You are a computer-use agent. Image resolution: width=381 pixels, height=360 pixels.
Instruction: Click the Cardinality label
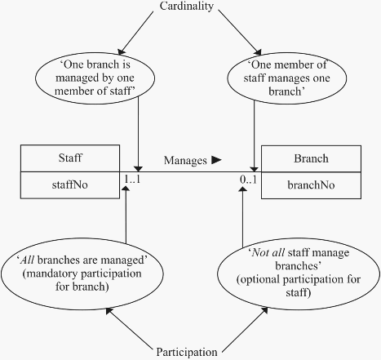[186, 7]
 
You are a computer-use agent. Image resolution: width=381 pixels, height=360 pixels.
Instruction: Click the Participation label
[187, 352]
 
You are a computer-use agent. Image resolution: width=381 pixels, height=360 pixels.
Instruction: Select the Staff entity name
[70, 158]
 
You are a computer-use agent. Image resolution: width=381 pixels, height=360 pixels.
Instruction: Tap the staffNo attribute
[70, 184]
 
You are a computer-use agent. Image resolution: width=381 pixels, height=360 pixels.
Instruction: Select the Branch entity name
[311, 158]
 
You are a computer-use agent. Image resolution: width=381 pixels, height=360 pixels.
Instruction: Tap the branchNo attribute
[311, 185]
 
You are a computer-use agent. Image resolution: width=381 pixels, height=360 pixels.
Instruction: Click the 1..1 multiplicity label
[132, 179]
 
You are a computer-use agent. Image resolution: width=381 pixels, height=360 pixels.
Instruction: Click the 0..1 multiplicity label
[249, 180]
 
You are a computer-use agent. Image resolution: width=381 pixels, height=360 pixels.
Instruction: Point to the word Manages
[185, 161]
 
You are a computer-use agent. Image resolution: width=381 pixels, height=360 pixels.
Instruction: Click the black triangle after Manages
[216, 160]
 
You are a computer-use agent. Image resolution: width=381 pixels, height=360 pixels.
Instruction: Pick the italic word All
[28, 260]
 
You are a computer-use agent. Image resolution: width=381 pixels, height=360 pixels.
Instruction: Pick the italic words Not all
[268, 252]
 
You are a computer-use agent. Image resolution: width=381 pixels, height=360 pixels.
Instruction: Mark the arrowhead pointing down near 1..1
[138, 169]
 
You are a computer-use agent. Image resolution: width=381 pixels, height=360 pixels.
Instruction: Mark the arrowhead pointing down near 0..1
[254, 169]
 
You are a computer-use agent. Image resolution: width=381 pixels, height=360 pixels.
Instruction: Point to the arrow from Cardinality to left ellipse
[135, 33]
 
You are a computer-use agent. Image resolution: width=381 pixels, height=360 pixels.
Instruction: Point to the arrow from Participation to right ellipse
[245, 330]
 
